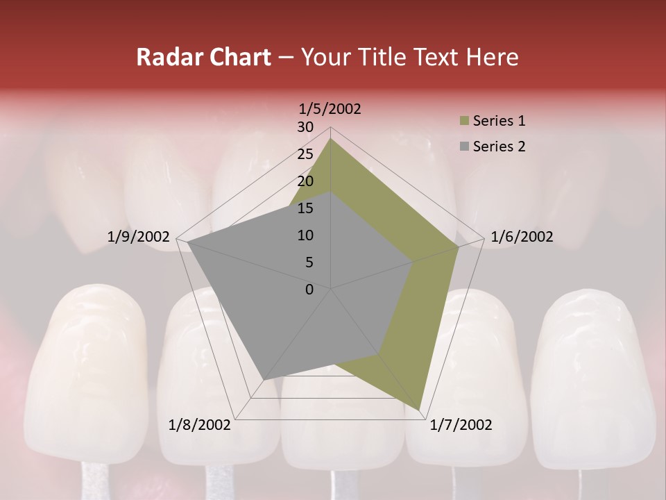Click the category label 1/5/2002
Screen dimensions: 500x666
(x=330, y=108)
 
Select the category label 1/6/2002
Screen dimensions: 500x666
(x=522, y=237)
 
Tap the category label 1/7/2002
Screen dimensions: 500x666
(x=461, y=424)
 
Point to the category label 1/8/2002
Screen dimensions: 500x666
(x=199, y=424)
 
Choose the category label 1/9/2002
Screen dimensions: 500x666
(x=138, y=237)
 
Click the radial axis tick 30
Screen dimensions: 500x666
(x=305, y=127)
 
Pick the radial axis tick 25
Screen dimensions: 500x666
(x=305, y=154)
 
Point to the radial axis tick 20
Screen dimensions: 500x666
(x=305, y=181)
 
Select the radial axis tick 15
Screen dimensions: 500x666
(x=305, y=208)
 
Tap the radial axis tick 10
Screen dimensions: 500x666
(x=305, y=235)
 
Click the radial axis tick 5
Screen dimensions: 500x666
(x=309, y=262)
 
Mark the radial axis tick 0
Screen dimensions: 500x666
(x=309, y=290)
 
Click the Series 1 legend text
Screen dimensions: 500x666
(x=499, y=121)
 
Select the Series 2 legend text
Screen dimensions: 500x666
(x=499, y=147)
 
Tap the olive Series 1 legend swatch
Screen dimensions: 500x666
(x=464, y=122)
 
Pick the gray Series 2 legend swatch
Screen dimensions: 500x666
(x=464, y=147)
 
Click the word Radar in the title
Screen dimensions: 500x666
(x=169, y=57)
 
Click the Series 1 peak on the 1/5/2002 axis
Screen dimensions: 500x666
(x=331, y=139)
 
